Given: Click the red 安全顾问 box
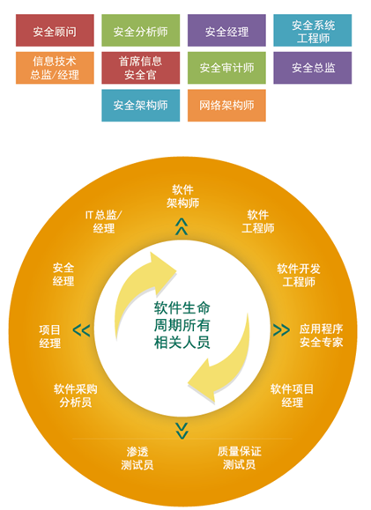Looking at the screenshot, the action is click(55, 30).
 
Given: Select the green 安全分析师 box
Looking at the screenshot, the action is click(141, 30).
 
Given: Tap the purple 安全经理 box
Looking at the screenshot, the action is click(226, 30).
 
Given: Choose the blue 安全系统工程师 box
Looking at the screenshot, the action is click(313, 30).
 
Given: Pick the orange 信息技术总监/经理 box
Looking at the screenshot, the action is click(55, 68).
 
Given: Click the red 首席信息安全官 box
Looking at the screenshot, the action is click(141, 68).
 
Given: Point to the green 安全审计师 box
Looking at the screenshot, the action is click(226, 68).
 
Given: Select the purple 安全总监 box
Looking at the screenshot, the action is click(313, 68).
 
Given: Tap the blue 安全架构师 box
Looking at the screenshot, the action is click(141, 106).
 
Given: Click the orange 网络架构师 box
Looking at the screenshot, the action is click(226, 106).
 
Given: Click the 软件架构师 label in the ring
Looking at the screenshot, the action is click(183, 196).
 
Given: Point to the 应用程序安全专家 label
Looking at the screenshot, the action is click(321, 336).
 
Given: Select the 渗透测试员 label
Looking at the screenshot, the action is click(137, 458).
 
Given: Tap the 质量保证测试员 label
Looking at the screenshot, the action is click(239, 458).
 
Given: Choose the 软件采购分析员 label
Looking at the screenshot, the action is click(76, 395).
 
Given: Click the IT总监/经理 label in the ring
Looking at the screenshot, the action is click(104, 221).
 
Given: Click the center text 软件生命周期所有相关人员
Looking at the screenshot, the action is click(182, 325).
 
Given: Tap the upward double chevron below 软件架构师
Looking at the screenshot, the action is click(182, 226).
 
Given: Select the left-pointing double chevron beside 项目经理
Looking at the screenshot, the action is click(81, 330).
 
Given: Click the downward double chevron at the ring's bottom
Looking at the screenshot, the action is click(182, 431).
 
